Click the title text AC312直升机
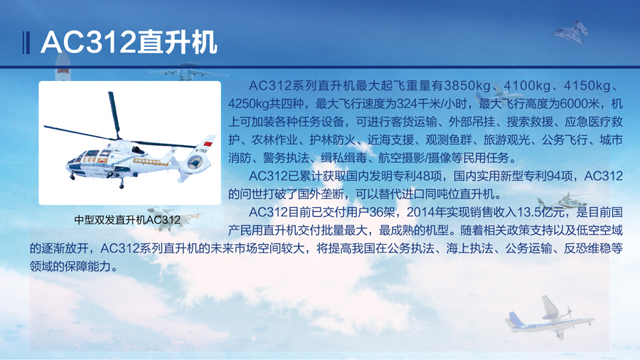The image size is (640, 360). click(129, 42)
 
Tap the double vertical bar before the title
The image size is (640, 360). click(26, 43)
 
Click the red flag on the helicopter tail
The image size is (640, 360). click(208, 144)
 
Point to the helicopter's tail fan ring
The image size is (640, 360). click(195, 163)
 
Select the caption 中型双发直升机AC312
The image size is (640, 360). click(127, 220)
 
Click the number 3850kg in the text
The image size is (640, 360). click(467, 85)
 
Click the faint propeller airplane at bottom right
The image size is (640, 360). click(549, 318)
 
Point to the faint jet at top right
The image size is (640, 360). click(571, 32)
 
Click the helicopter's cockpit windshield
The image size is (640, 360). click(82, 156)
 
